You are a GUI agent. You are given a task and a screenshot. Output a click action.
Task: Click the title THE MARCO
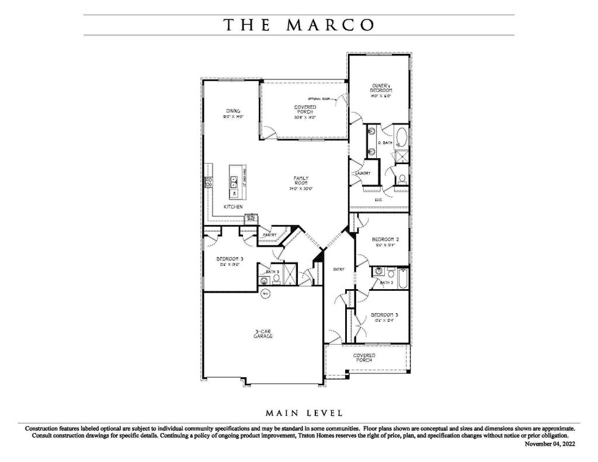[298, 25]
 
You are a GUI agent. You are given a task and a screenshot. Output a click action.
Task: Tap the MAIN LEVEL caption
[304, 414]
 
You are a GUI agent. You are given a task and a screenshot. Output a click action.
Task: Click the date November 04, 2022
[550, 444]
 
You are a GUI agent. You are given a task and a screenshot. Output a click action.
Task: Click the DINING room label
[233, 113]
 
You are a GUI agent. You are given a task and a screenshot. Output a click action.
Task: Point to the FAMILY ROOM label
[301, 183]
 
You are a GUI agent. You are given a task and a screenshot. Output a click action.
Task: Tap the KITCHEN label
[233, 207]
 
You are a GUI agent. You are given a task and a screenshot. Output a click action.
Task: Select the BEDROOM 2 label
[385, 241]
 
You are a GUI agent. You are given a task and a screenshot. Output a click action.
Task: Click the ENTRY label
[339, 269]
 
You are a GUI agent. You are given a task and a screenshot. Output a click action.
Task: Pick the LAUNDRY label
[362, 173]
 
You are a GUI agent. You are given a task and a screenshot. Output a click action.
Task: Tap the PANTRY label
[269, 235]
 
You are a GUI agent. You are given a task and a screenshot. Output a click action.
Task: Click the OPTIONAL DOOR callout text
[319, 99]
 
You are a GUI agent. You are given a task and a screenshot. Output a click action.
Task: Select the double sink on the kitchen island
[234, 181]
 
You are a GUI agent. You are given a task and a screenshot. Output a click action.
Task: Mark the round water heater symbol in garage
[265, 293]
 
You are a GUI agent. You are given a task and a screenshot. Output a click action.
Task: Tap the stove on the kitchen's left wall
[207, 182]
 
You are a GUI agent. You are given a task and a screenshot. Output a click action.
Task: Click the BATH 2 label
[385, 283]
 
